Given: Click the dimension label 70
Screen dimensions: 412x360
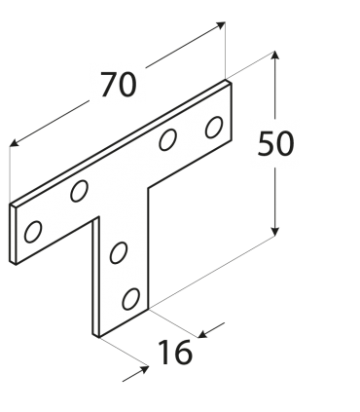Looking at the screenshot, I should pos(117,85).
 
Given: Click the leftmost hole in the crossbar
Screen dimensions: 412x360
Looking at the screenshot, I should pos(34,231).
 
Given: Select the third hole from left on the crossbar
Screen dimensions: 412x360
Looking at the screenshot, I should pos(168,140).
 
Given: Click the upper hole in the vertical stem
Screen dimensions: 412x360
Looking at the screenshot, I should pos(120,253).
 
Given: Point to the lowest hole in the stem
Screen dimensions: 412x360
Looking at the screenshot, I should pos(128,297).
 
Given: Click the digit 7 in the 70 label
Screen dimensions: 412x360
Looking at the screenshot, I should pos(104,86).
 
